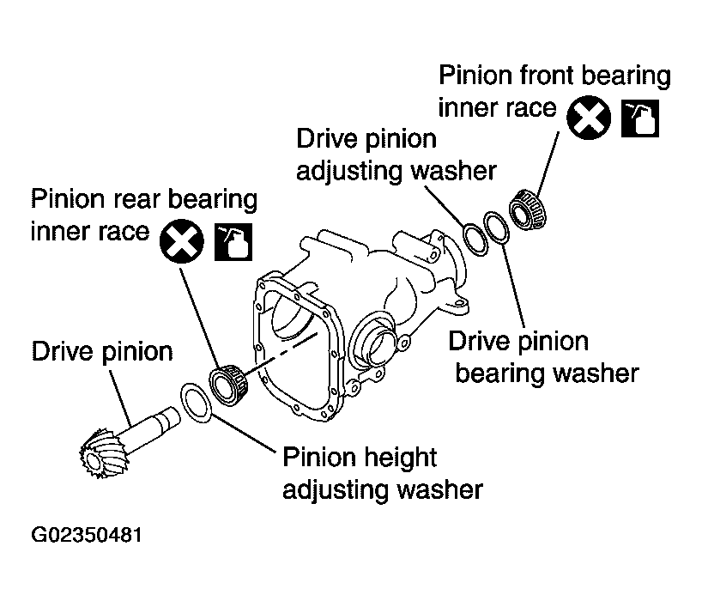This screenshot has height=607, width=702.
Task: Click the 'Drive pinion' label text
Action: tap(102, 351)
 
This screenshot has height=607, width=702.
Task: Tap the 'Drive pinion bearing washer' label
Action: tap(544, 356)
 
